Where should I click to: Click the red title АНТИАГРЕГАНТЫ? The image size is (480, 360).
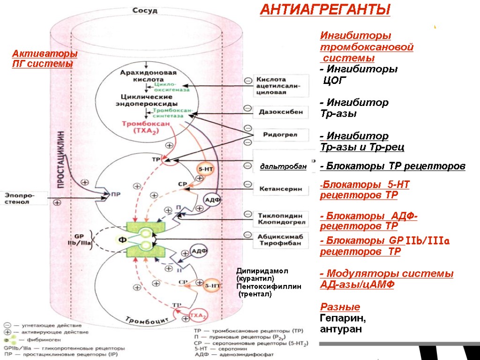click(325, 10)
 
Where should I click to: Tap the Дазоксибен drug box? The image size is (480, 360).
click(280, 112)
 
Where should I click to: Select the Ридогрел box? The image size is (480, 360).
click(280, 135)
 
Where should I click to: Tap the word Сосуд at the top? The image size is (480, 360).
click(145, 10)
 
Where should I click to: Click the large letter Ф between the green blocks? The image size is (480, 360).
click(121, 240)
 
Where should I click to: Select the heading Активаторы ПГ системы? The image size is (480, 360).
click(45, 59)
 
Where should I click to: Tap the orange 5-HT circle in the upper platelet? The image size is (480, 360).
click(205, 170)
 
